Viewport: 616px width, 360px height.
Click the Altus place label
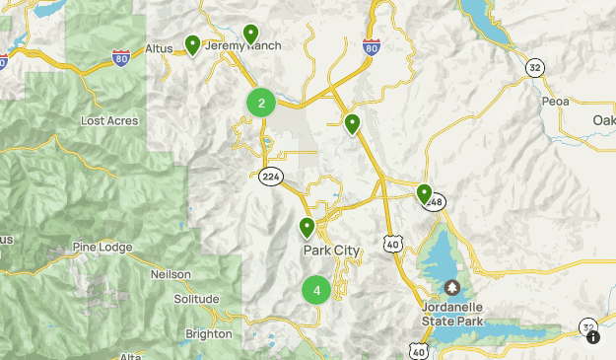click(x=159, y=48)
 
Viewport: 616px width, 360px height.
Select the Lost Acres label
click(x=109, y=120)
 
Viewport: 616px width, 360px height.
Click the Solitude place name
click(x=196, y=299)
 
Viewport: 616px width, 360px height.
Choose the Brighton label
click(x=209, y=334)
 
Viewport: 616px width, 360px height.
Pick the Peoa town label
click(x=556, y=101)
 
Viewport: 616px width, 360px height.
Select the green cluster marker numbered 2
click(x=261, y=103)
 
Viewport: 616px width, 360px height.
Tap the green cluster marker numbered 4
click(x=316, y=291)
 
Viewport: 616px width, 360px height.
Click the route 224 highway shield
click(x=270, y=177)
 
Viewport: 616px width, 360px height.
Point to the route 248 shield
click(x=436, y=202)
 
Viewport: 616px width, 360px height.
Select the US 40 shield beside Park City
click(x=392, y=243)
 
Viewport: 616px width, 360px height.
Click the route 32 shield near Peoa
click(x=534, y=67)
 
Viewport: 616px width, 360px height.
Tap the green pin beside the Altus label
click(x=192, y=44)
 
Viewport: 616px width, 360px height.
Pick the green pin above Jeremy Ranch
click(x=251, y=33)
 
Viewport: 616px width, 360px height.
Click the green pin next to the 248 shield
click(x=424, y=192)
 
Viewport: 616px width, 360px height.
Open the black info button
click(x=593, y=337)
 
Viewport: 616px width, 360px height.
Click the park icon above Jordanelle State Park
click(x=452, y=287)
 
